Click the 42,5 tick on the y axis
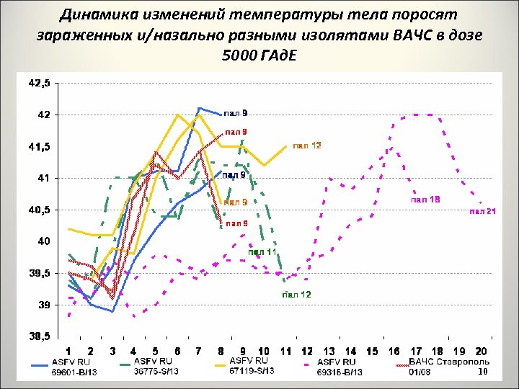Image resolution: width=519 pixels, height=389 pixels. (x=38, y=83)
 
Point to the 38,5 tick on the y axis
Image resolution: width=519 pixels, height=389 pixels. (x=38, y=336)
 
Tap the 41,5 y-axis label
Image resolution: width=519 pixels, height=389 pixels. (x=38, y=146)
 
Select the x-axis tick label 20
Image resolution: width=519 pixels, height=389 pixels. (x=482, y=352)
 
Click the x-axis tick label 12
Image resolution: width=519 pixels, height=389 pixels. (x=307, y=352)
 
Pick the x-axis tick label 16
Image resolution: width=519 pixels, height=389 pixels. (x=394, y=352)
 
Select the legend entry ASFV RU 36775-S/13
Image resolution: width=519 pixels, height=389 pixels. (x=156, y=366)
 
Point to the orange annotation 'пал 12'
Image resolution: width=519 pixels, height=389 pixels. (x=307, y=146)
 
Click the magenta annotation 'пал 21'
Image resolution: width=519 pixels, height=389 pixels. (x=483, y=211)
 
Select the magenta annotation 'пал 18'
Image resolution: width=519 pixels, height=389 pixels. (x=425, y=199)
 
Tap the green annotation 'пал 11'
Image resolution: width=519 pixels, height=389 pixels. (x=262, y=252)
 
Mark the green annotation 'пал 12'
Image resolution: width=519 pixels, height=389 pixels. (x=296, y=295)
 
